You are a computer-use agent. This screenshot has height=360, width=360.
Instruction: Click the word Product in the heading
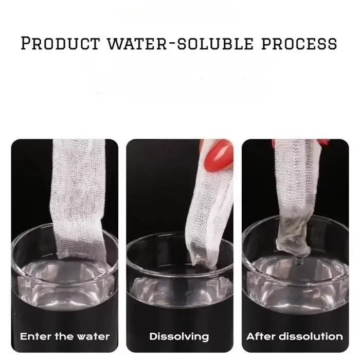click(60, 43)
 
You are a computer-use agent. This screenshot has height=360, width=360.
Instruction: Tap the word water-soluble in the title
click(181, 43)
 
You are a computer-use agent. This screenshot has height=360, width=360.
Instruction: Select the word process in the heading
click(299, 44)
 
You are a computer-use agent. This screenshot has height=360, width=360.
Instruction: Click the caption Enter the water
click(65, 336)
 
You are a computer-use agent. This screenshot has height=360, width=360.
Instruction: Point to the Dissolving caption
click(179, 337)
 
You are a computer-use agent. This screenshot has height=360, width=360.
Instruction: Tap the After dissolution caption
click(295, 336)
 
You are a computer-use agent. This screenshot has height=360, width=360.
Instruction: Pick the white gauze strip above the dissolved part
click(296, 179)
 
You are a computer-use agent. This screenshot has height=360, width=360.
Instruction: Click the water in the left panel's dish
click(65, 285)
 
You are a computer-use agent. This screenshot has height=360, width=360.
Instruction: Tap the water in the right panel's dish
click(296, 285)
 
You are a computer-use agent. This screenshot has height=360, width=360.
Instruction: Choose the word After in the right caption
click(261, 336)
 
